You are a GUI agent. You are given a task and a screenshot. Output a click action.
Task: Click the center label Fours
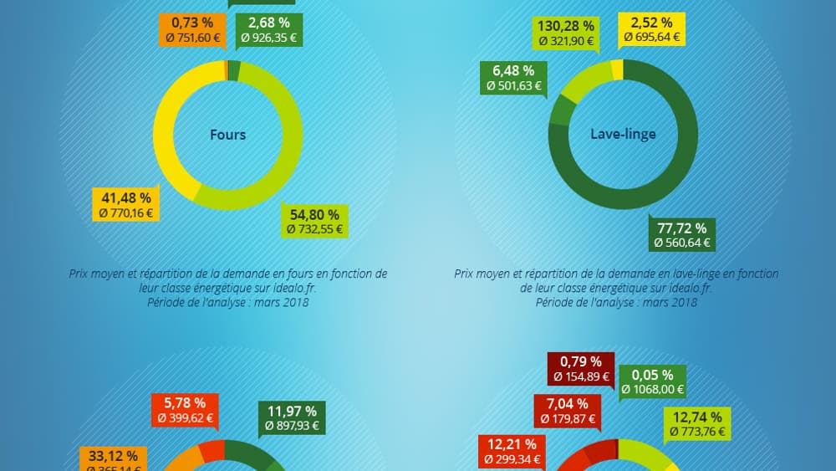pyautogui.click(x=227, y=134)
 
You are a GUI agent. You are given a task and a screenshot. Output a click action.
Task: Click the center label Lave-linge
pyautogui.click(x=623, y=134)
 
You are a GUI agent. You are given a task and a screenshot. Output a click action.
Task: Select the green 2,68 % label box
pyautogui.click(x=268, y=30)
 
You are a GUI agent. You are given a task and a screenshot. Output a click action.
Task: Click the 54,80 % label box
pyautogui.click(x=314, y=220)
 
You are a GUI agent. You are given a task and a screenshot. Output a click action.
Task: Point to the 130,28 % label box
pyautogui.click(x=566, y=33)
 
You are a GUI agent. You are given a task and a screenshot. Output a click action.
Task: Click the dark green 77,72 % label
pyautogui.click(x=682, y=234)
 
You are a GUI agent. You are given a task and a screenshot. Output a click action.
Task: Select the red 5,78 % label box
pyautogui.click(x=185, y=410)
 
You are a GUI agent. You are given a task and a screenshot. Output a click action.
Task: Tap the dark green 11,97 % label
pyautogui.click(x=292, y=418)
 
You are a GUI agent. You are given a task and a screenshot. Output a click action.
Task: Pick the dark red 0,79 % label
pyautogui.click(x=581, y=369)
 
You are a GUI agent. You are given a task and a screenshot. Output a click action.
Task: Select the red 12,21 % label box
pyautogui.click(x=512, y=451)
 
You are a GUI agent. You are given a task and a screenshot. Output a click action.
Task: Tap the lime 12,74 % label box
pyautogui.click(x=697, y=424)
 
